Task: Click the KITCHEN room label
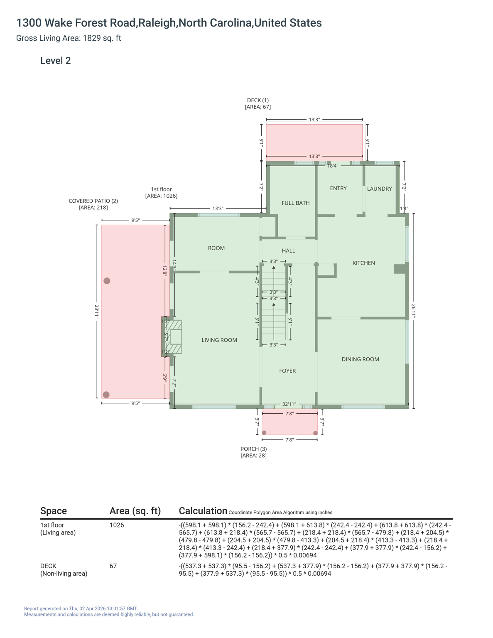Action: (363, 263)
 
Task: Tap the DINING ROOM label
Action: (360, 359)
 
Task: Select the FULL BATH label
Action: (295, 203)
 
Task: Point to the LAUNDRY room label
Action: (379, 189)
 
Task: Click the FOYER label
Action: (287, 371)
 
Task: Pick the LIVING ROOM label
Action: (219, 340)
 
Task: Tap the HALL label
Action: (288, 250)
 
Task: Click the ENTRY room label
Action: (338, 188)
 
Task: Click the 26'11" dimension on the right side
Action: (413, 311)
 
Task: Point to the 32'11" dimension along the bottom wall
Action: (289, 404)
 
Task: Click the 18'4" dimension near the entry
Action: (333, 166)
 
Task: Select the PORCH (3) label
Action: (253, 449)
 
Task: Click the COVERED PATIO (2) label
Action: (93, 201)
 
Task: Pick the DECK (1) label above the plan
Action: (258, 100)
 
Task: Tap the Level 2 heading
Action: (55, 61)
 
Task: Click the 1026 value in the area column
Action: (117, 525)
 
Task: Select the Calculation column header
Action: (203, 511)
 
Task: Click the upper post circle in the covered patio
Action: (107, 281)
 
